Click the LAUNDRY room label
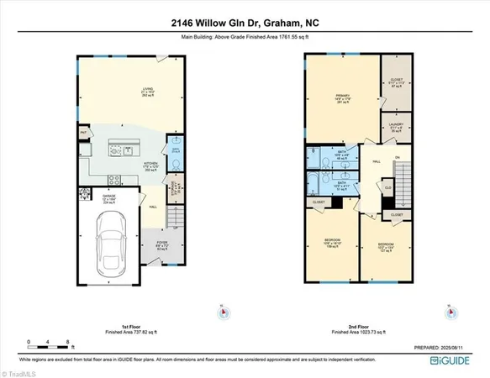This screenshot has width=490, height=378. pyautogui.click(x=397, y=126)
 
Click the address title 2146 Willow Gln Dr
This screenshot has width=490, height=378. pyautogui.click(x=244, y=24)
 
